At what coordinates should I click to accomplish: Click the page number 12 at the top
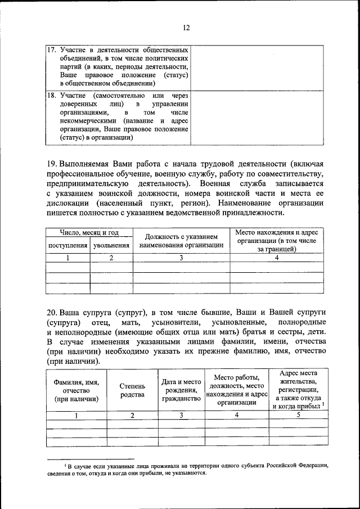tap(186, 28)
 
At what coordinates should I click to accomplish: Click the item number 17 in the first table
tap(51, 50)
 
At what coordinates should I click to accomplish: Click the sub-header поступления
tap(68, 246)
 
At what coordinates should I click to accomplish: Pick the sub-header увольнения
tap(111, 246)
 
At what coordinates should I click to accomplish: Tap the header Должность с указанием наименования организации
tap(181, 241)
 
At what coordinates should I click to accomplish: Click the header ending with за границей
tap(277, 241)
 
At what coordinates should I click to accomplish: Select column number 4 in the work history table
tap(277, 258)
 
